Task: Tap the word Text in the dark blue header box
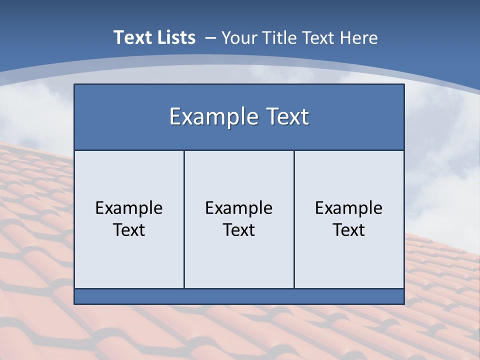point(286,116)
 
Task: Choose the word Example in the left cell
point(129,208)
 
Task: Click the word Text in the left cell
point(129,230)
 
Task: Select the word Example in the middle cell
point(239,208)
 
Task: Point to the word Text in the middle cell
point(239,230)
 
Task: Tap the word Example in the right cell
point(348,208)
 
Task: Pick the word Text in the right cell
point(348,230)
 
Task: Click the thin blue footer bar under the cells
point(239,296)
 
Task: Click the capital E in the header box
point(175,117)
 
